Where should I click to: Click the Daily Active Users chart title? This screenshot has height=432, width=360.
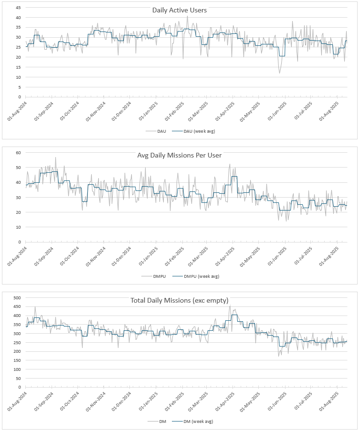click(180, 10)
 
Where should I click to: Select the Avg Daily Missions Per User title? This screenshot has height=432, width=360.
click(180, 155)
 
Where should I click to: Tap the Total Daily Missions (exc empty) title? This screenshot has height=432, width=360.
click(180, 300)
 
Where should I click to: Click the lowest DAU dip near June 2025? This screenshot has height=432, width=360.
click(280, 73)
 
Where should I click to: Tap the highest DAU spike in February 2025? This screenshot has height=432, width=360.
click(187, 16)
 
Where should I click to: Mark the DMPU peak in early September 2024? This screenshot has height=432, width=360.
click(55, 158)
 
